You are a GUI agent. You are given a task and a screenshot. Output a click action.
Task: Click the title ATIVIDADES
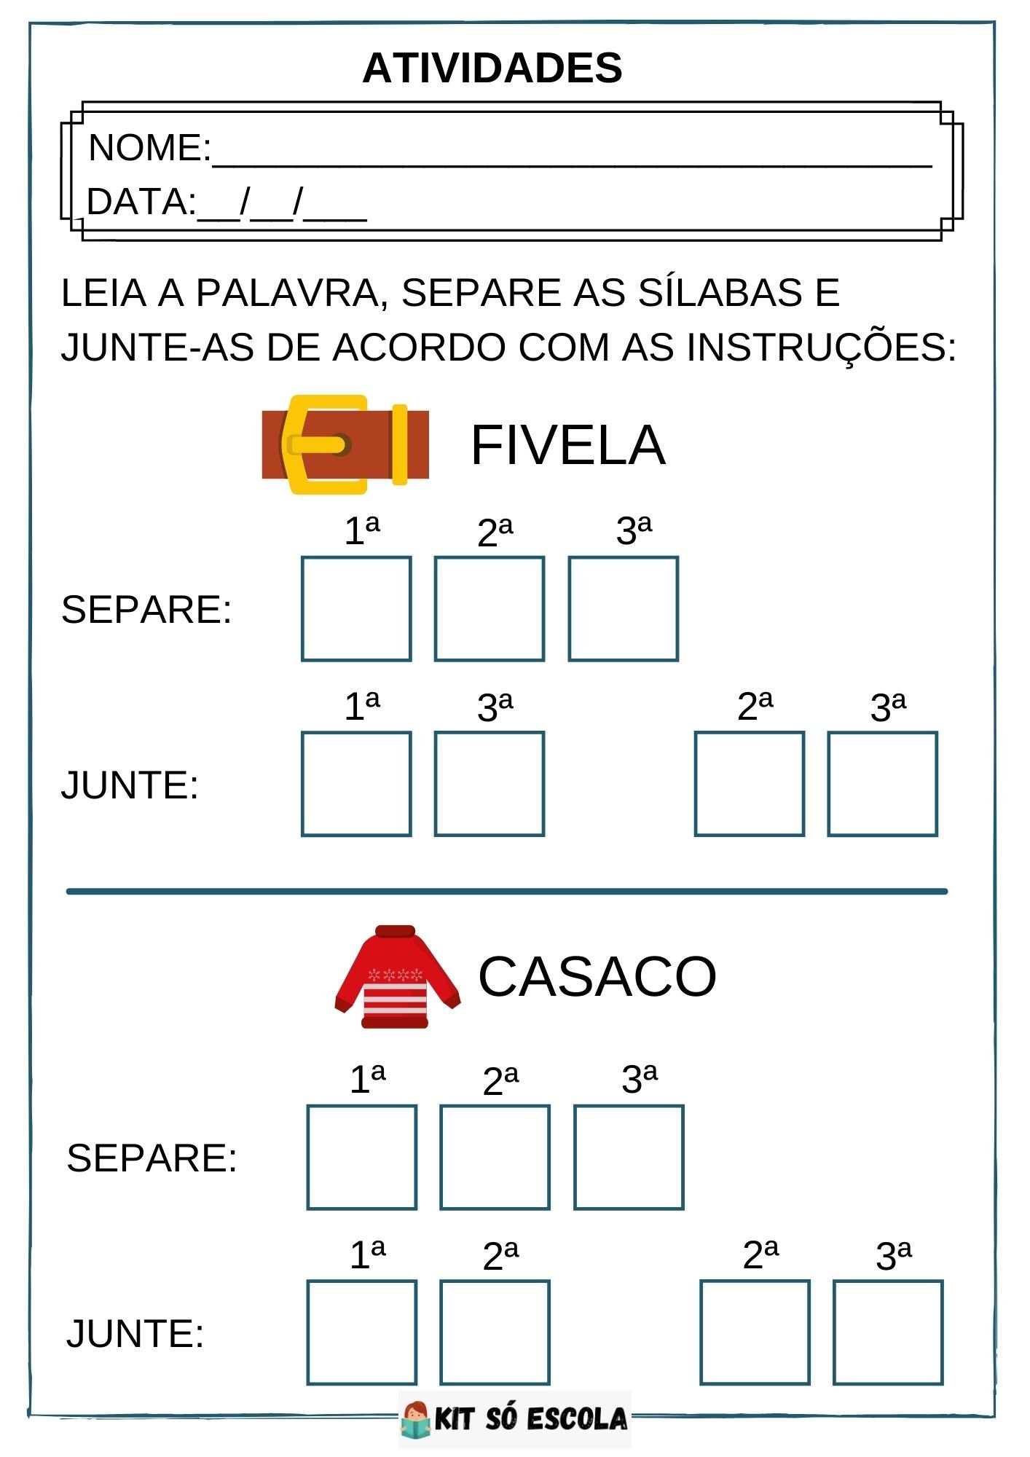(492, 68)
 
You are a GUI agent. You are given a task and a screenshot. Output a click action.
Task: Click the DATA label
(139, 202)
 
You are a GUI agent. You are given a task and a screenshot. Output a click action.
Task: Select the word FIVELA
(567, 445)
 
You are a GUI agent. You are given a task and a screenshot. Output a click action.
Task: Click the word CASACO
(597, 976)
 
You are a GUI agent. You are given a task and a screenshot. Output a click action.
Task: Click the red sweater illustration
(397, 976)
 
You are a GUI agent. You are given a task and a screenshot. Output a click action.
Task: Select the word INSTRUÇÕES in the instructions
(821, 347)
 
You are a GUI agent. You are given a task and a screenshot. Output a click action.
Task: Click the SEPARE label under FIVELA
(146, 610)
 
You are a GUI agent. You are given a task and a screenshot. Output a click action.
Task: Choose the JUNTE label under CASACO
(135, 1334)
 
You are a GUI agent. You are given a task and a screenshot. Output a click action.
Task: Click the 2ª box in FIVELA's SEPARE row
(490, 609)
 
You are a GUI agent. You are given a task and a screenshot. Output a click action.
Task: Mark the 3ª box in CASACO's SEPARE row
(629, 1158)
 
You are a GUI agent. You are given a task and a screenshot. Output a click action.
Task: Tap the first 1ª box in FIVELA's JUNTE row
(356, 784)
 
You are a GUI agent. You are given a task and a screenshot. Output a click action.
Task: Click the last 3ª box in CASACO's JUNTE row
(888, 1332)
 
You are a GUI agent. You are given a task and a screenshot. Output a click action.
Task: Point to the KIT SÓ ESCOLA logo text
(530, 1419)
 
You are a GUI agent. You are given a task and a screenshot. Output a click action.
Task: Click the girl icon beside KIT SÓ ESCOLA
(416, 1419)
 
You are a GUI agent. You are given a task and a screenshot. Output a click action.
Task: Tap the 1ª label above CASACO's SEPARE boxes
(367, 1079)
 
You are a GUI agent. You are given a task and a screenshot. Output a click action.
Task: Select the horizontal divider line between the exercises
(507, 891)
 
